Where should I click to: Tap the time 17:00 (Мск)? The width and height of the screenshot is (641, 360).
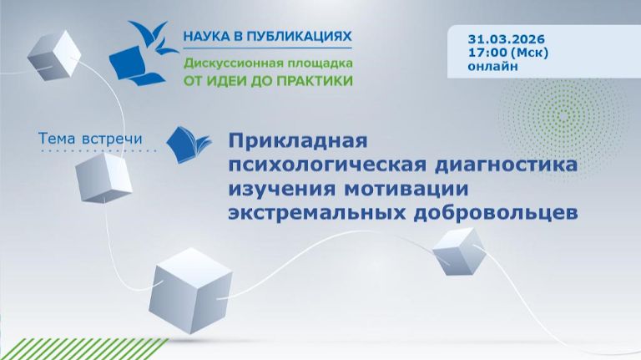click(x=508, y=53)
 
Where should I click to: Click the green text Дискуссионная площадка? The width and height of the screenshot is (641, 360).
click(x=268, y=63)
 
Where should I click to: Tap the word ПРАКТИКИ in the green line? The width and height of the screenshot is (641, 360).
click(x=316, y=81)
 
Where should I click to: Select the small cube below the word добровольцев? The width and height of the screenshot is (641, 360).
click(x=457, y=250)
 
